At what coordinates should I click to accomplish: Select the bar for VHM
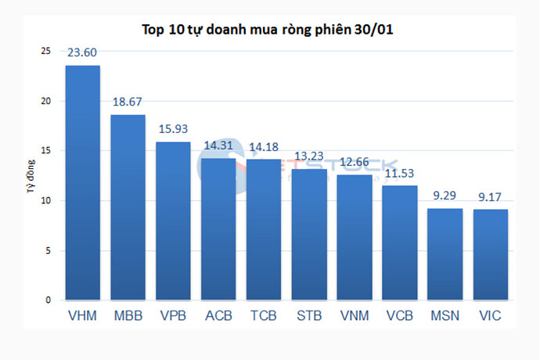82,183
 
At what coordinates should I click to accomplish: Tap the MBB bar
128,207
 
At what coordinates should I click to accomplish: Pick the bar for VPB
173,221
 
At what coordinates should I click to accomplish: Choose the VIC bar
491,255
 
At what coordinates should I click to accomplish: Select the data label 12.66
355,164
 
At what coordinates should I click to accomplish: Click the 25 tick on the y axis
45,51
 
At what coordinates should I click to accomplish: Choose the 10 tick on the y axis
45,200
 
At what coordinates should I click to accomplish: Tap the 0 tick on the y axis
48,300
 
